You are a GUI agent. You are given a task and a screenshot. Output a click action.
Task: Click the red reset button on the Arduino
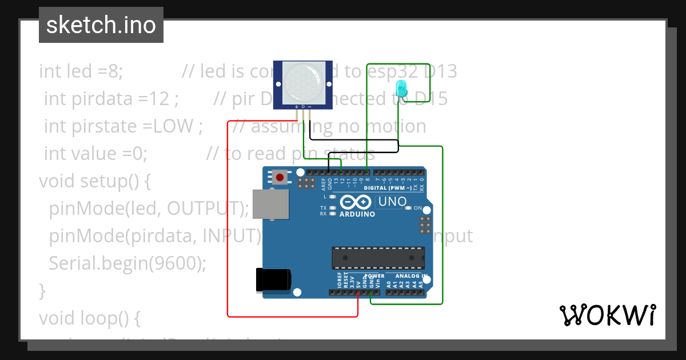280,177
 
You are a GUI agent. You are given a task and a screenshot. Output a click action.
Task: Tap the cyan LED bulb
401,88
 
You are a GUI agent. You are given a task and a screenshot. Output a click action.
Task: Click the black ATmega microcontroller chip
378,258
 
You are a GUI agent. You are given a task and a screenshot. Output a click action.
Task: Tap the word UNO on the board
393,201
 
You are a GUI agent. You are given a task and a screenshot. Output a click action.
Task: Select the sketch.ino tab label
101,25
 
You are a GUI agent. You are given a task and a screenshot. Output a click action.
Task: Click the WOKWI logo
607,315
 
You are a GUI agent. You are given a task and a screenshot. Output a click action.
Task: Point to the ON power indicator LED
417,208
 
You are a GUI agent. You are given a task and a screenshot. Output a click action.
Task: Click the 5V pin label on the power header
358,283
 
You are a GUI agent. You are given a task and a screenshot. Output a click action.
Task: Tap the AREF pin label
323,183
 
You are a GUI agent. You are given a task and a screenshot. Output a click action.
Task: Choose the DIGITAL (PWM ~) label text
388,188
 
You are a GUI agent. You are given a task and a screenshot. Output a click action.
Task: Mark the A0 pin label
389,283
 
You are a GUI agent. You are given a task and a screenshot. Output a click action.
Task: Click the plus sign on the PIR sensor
296,107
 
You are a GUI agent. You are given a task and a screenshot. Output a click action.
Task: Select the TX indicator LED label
324,208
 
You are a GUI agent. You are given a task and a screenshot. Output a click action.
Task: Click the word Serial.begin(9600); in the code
127,263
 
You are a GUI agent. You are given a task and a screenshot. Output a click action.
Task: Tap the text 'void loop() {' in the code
89,317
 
